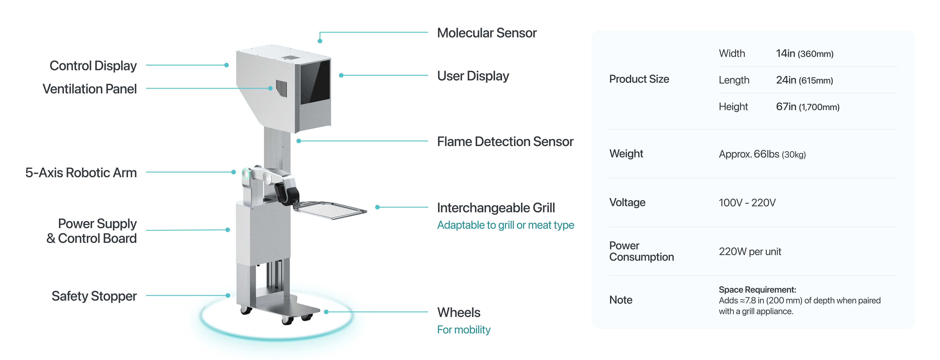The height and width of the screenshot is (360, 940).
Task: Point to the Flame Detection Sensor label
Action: (x=505, y=142)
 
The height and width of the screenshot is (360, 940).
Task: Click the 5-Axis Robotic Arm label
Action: (x=81, y=172)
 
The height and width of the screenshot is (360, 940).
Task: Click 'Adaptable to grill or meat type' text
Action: (x=505, y=225)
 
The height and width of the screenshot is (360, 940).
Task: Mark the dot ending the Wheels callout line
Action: (x=326, y=312)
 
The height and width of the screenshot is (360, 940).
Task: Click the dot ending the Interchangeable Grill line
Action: (x=377, y=207)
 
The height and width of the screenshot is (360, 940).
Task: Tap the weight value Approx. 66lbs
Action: (x=762, y=154)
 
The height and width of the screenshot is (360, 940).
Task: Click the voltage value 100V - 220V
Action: (x=747, y=203)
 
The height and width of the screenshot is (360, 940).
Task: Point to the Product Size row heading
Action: (x=639, y=79)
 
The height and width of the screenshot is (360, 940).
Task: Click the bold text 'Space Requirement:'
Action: (x=757, y=290)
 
